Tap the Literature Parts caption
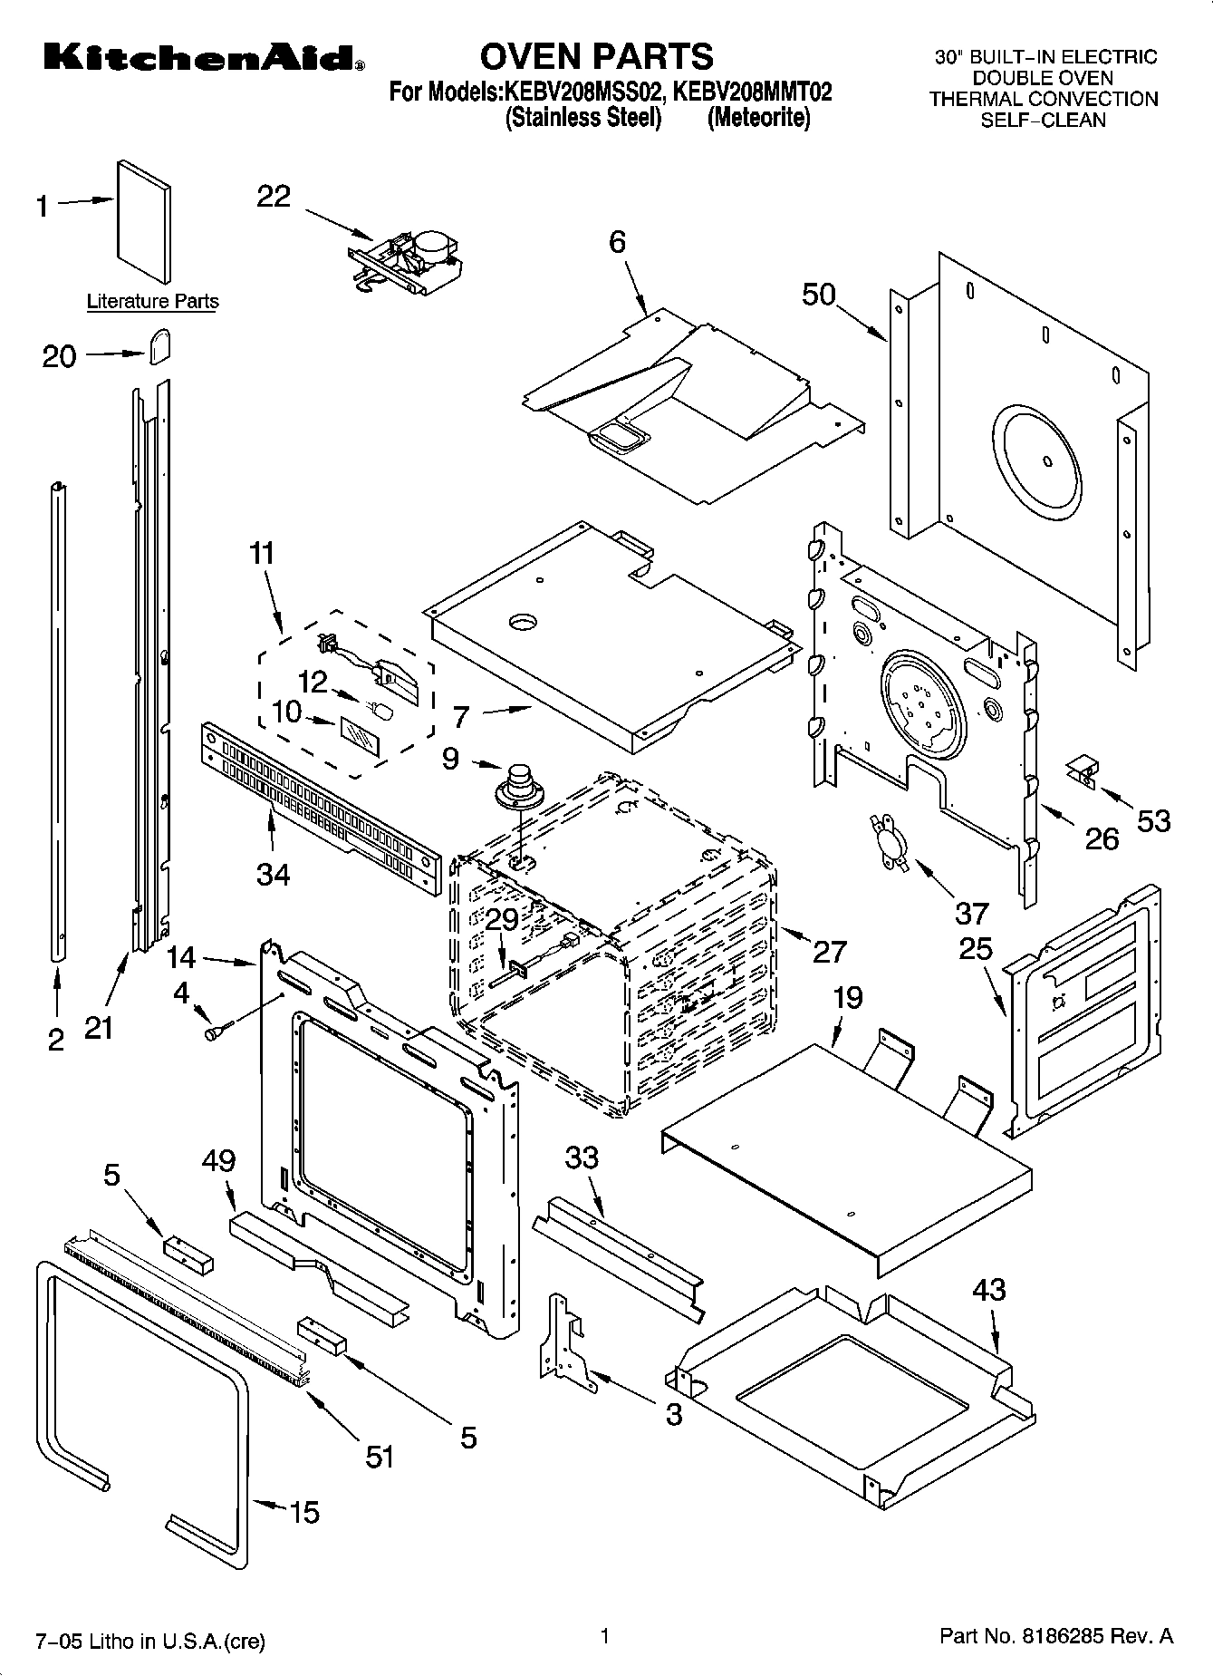click(152, 302)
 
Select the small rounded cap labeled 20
click(160, 345)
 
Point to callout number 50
click(819, 295)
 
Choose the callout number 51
click(380, 1456)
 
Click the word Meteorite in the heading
click(758, 119)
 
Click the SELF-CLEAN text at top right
click(1043, 121)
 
